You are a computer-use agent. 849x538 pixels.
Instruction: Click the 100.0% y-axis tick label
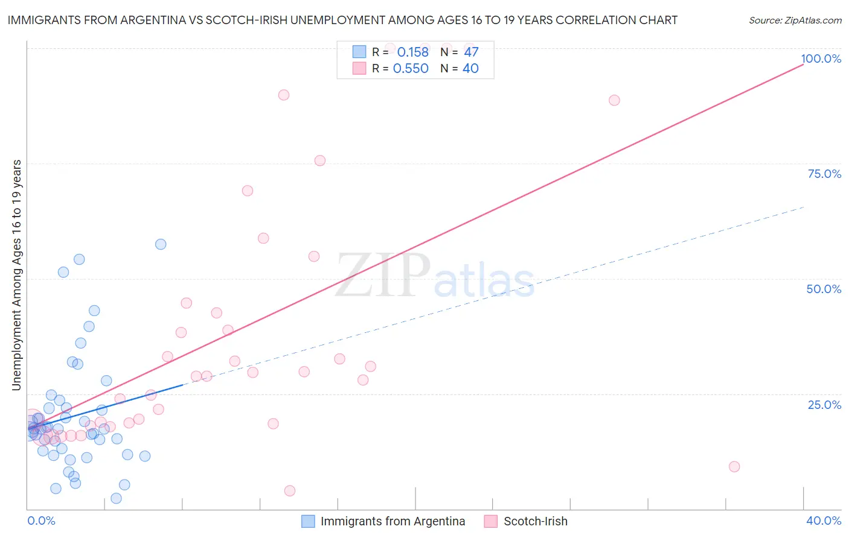821,59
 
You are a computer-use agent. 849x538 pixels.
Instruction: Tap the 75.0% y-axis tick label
824,174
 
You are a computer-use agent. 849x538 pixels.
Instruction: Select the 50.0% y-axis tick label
824,289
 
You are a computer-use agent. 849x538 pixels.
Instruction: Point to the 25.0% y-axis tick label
824,404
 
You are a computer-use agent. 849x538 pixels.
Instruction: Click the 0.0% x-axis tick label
41,521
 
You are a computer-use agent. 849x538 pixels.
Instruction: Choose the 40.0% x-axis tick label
824,521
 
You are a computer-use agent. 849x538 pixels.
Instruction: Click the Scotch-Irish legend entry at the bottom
535,521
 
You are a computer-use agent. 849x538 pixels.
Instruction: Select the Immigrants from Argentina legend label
392,521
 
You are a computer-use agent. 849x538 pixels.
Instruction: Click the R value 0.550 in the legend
411,69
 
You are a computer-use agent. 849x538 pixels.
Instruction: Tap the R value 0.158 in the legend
412,52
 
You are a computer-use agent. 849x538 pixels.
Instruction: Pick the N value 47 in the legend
471,52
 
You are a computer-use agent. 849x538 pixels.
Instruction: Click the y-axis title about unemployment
17,275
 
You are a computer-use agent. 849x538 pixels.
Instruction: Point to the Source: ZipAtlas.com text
795,20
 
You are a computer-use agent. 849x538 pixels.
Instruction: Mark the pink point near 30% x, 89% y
614,100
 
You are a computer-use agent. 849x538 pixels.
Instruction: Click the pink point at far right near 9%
734,466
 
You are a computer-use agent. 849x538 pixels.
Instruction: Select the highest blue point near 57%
161,244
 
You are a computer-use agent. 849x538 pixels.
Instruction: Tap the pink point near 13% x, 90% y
284,95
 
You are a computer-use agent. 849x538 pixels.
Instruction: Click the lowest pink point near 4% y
290,491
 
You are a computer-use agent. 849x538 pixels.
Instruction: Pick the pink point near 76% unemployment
320,160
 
